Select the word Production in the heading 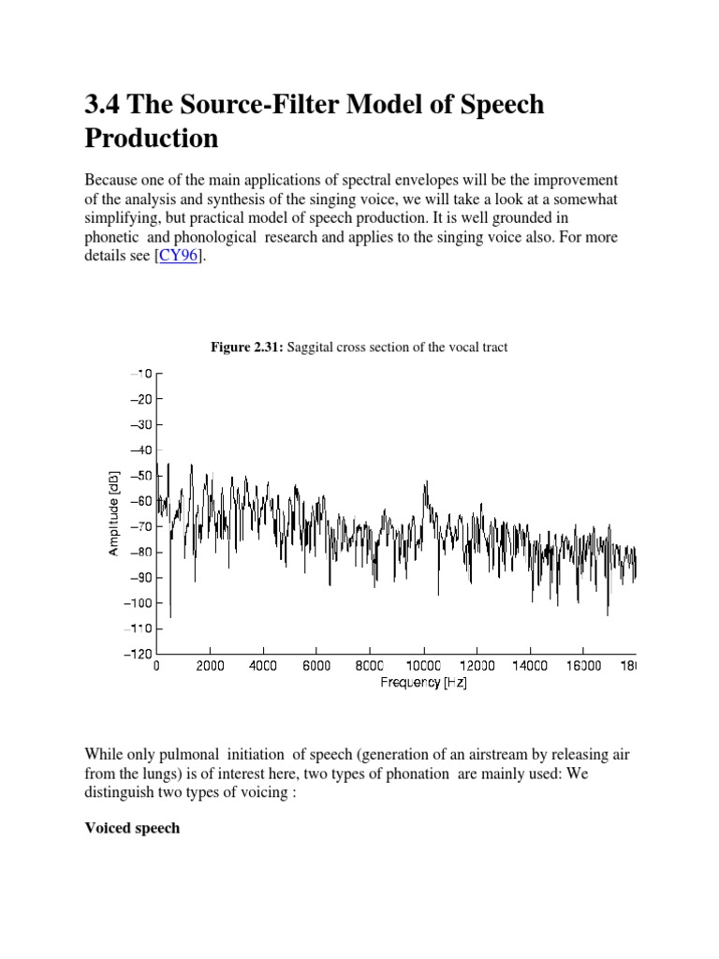(152, 139)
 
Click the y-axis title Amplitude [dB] (113, 514)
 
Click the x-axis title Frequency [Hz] (423, 684)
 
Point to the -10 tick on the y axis (140, 374)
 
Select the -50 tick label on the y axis (140, 476)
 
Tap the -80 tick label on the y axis (140, 553)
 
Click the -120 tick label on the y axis (138, 654)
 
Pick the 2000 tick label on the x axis (210, 668)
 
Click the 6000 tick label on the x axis (316, 668)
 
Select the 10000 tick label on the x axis (423, 668)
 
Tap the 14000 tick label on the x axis (530, 668)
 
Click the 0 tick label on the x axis (156, 668)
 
